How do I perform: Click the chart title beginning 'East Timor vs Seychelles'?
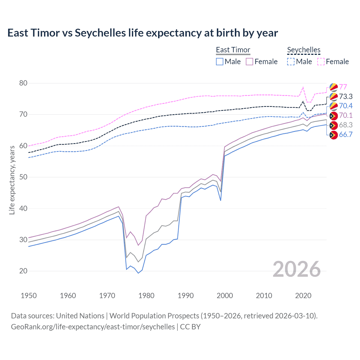[x=143, y=33]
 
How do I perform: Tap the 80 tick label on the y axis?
[x=24, y=83]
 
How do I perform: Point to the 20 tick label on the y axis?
[x=24, y=271]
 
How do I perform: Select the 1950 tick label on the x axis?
[x=29, y=296]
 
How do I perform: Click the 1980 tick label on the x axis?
[x=146, y=296]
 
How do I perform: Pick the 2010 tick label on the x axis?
[x=264, y=296]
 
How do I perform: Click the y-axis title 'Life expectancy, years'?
[x=12, y=180]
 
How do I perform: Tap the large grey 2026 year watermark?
[x=296, y=269]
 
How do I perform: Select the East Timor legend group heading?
[x=233, y=50]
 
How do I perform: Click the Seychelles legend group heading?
[x=303, y=50]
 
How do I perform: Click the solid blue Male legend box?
[x=220, y=62]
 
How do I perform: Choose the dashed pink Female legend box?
[x=321, y=62]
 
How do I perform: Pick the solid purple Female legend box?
[x=249, y=62]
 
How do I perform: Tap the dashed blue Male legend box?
[x=291, y=62]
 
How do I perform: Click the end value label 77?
[x=343, y=87]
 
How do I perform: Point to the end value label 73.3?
[x=346, y=96]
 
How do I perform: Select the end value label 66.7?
[x=346, y=134]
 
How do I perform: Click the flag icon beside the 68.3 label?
[x=334, y=125]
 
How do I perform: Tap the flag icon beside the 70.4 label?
[x=334, y=106]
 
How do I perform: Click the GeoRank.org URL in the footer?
[x=93, y=327]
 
